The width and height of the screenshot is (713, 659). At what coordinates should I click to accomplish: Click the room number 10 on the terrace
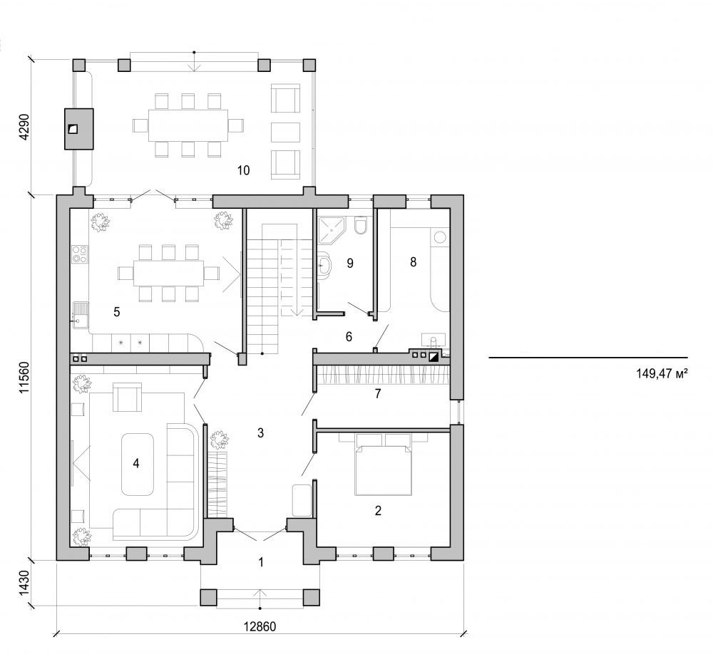click(243, 170)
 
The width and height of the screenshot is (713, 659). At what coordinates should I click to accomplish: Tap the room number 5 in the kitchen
click(116, 311)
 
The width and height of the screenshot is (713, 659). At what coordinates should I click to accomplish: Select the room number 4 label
click(135, 462)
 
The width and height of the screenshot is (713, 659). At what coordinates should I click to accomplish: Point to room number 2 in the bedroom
click(378, 509)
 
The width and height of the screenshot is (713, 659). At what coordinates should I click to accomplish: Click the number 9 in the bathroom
click(349, 263)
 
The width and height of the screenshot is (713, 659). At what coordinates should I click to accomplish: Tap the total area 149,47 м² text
click(660, 372)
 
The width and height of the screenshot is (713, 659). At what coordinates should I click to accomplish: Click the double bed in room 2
click(384, 463)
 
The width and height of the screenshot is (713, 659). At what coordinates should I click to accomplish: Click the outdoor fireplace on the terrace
click(79, 129)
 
